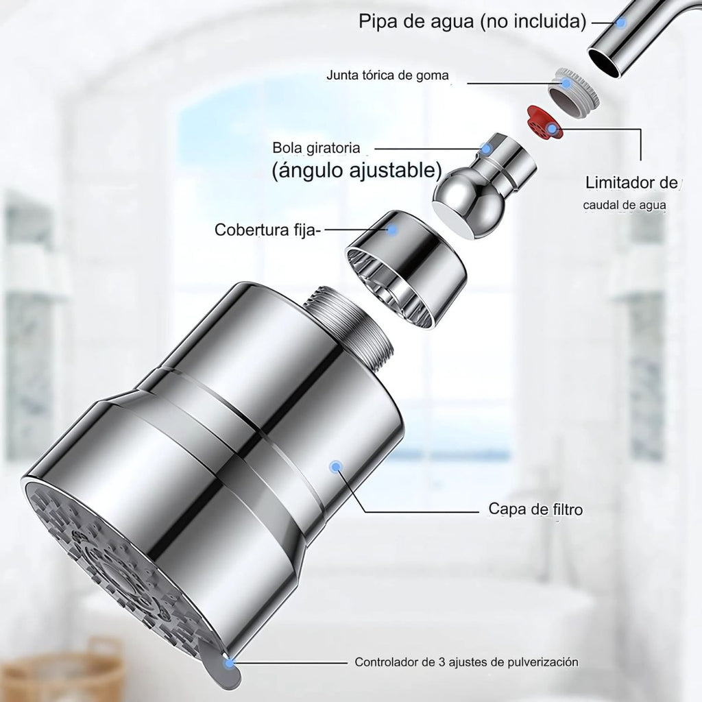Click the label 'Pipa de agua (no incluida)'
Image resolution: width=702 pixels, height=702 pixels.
(472, 21)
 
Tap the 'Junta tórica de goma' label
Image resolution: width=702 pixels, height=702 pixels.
(387, 75)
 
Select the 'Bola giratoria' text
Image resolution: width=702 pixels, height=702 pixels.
(316, 147)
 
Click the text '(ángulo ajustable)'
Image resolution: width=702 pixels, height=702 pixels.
(356, 170)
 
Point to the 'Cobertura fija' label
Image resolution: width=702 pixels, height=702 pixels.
(266, 230)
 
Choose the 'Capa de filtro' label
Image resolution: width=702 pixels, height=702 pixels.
(535, 509)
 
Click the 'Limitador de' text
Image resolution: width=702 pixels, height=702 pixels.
(631, 182)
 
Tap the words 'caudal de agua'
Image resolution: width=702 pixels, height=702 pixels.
(624, 206)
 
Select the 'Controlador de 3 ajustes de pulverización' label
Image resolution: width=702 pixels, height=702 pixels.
(466, 662)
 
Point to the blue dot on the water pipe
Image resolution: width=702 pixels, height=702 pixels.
(620, 22)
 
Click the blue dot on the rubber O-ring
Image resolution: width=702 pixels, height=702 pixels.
(566, 83)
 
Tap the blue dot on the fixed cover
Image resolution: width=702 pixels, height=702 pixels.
(393, 230)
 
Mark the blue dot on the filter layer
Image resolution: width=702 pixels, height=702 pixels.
(335, 467)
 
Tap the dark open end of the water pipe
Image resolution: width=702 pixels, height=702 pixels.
(604, 62)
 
